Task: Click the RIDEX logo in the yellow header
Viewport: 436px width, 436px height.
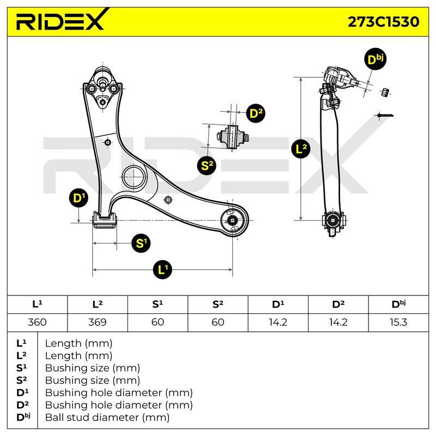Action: [60, 20]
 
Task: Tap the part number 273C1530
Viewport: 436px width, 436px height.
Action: [384, 22]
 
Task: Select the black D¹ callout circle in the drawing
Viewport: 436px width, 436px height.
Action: [78, 198]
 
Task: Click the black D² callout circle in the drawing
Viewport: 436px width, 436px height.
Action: [256, 113]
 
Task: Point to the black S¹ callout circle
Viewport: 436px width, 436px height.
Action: [141, 243]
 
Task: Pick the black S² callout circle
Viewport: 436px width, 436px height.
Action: [207, 166]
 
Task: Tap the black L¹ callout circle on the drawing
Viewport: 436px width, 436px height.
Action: [162, 269]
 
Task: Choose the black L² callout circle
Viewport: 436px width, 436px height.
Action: [301, 149]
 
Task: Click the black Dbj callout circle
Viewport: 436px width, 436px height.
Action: [375, 59]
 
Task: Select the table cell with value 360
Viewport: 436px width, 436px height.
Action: [37, 322]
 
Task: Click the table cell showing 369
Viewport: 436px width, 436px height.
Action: [98, 322]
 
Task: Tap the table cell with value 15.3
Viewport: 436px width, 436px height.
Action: [398, 322]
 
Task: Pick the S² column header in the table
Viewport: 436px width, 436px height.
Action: [217, 304]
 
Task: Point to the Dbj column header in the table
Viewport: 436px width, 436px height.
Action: [398, 304]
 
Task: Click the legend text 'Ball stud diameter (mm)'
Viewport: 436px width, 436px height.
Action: [107, 417]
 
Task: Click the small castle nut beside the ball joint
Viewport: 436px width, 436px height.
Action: [385, 92]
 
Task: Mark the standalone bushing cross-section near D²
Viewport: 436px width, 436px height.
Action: [233, 137]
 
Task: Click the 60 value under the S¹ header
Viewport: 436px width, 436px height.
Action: [158, 322]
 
